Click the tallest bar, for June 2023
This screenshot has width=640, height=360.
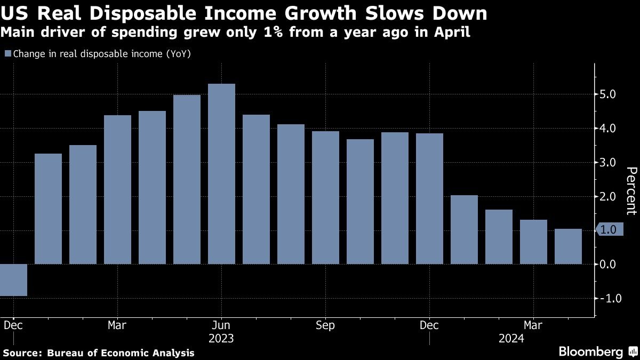(221, 174)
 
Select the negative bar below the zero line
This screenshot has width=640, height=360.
(13, 280)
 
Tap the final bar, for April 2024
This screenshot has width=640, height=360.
(568, 246)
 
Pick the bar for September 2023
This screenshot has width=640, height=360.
(325, 197)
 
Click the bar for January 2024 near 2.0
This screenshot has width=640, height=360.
(464, 229)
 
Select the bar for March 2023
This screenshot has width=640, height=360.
(117, 189)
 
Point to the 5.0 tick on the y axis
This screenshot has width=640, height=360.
(609, 94)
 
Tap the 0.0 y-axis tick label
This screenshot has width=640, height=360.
(609, 264)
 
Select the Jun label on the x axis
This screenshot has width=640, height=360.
(221, 325)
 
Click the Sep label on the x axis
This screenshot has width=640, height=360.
(325, 325)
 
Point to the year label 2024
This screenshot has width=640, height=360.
(511, 339)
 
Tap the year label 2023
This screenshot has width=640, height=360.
(221, 339)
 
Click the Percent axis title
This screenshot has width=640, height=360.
(631, 190)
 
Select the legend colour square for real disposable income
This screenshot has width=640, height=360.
(7, 53)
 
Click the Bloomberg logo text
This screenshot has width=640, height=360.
(590, 352)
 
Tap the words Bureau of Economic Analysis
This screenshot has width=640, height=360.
(121, 353)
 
